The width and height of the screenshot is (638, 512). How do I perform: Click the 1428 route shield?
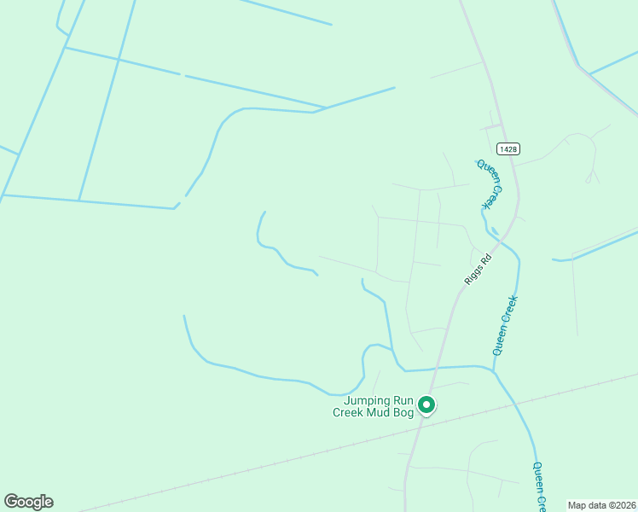coord(508,148)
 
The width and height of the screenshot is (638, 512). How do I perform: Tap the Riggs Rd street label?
coord(478,271)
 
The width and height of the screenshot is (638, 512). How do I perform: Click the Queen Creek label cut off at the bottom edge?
coord(539,487)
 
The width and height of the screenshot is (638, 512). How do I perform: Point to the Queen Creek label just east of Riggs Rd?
coord(506,325)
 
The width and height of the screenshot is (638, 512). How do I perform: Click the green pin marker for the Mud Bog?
coord(427,406)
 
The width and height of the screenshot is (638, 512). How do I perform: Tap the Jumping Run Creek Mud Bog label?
coord(378,407)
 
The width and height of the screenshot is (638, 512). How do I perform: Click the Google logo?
coord(28,502)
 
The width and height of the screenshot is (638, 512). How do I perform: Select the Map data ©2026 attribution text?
coord(601,505)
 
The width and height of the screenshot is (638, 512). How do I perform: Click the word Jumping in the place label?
coord(366,401)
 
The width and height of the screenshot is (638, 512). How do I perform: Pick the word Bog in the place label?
coord(404,413)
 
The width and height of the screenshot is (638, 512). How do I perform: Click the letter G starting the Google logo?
coord(11,502)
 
